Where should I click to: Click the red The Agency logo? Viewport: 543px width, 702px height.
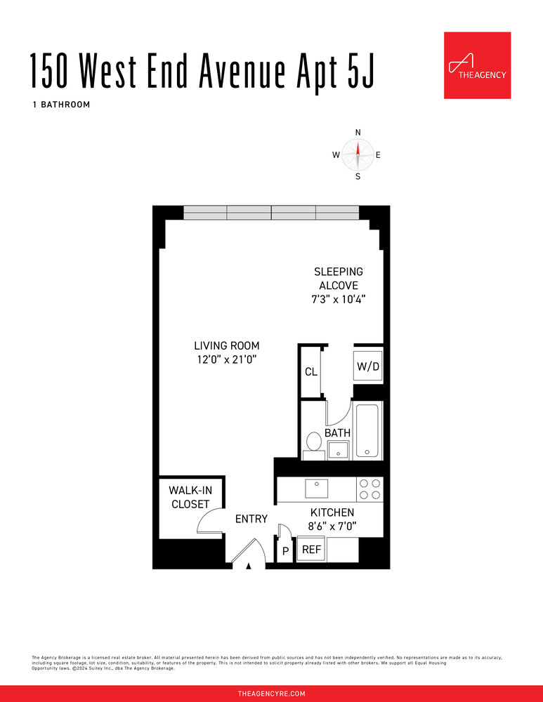477,65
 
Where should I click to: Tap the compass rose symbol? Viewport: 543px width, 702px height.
358,154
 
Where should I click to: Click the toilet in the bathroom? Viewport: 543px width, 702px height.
314,444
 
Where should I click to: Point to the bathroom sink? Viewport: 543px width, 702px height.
339,450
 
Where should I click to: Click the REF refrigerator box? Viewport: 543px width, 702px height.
311,550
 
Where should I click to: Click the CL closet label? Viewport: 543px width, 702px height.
310,372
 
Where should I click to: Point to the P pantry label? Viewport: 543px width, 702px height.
286,552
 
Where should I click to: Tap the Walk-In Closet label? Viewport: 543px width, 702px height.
189,497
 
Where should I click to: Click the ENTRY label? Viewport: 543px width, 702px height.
251,519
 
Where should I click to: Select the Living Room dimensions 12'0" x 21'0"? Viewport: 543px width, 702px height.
227,359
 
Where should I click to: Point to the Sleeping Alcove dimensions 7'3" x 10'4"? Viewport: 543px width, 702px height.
339,299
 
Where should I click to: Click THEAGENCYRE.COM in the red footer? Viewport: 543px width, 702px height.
271,693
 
